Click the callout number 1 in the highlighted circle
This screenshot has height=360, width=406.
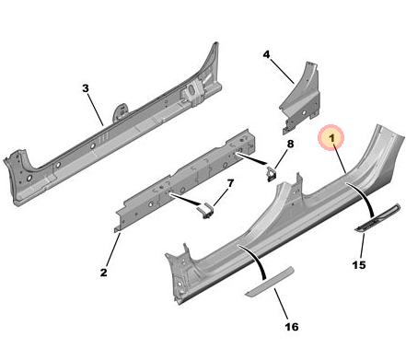[331, 138]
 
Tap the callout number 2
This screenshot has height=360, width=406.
[104, 273]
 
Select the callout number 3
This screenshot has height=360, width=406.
[86, 88]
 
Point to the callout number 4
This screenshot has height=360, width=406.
[266, 54]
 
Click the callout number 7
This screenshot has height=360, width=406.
[230, 183]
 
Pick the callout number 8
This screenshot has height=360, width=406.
[290, 144]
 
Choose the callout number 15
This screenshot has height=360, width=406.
[359, 264]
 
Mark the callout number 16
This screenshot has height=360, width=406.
[292, 327]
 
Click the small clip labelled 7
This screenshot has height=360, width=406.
[205, 211]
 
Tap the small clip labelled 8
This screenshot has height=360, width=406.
[271, 174]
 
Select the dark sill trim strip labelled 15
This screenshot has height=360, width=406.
[377, 217]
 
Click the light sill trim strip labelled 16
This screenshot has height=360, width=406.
[270, 282]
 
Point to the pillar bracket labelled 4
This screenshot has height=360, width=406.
[301, 99]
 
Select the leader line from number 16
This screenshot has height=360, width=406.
[281, 305]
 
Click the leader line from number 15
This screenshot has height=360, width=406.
[363, 246]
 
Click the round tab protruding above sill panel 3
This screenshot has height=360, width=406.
[121, 111]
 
